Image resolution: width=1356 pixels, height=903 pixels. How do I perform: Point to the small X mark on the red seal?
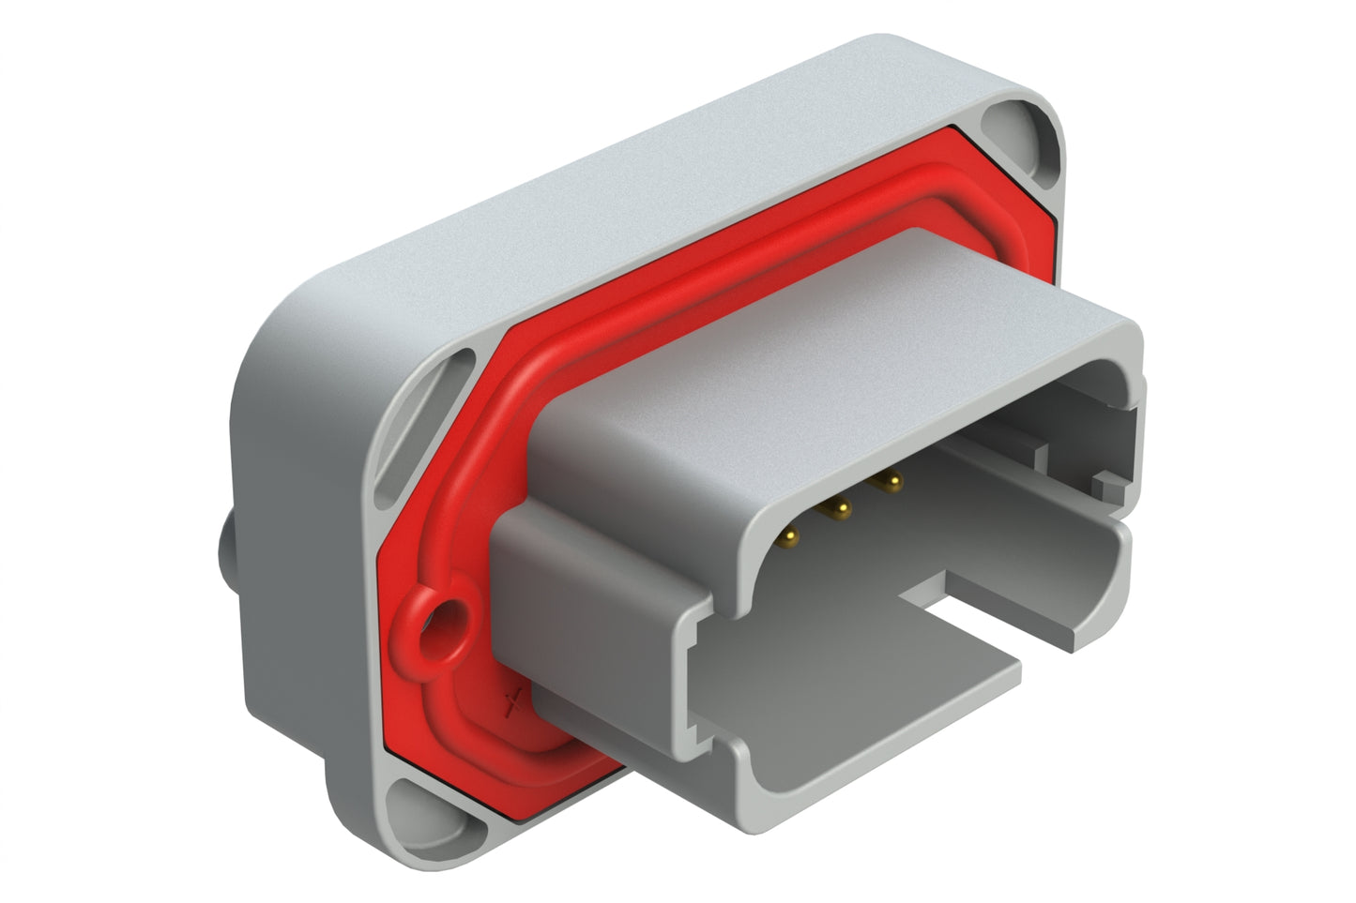(513, 701)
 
